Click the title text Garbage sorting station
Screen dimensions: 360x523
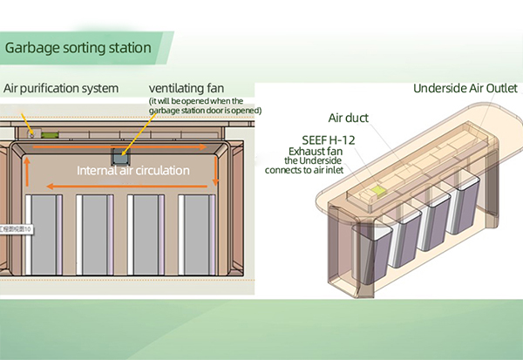point(78,47)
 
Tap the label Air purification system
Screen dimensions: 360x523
point(61,88)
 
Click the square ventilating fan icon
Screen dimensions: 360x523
point(120,154)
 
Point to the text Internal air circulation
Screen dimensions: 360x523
point(133,170)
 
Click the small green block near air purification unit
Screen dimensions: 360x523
point(50,134)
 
